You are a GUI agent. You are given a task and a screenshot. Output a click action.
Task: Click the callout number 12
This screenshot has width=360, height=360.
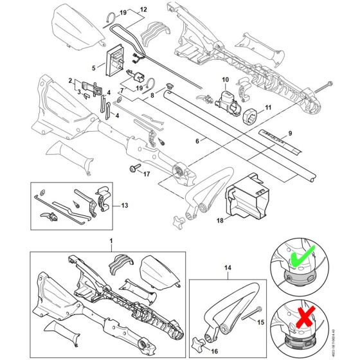[x=143, y=9]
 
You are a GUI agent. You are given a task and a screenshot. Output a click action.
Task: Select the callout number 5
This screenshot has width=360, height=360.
[x=94, y=67]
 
